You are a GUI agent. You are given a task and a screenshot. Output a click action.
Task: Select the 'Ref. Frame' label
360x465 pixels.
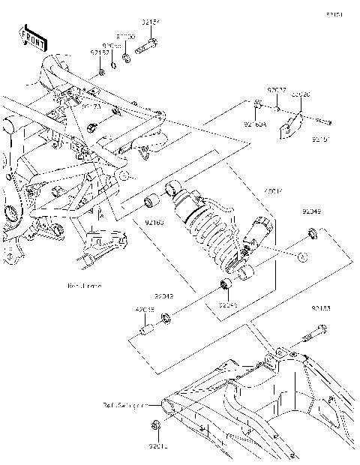click(x=84, y=286)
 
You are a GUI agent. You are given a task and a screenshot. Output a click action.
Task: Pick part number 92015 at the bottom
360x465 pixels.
click(x=157, y=448)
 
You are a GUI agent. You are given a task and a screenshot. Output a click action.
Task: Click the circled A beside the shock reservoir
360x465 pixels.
click(x=302, y=257)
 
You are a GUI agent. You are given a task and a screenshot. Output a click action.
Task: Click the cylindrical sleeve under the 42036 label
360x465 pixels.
click(x=145, y=331)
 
